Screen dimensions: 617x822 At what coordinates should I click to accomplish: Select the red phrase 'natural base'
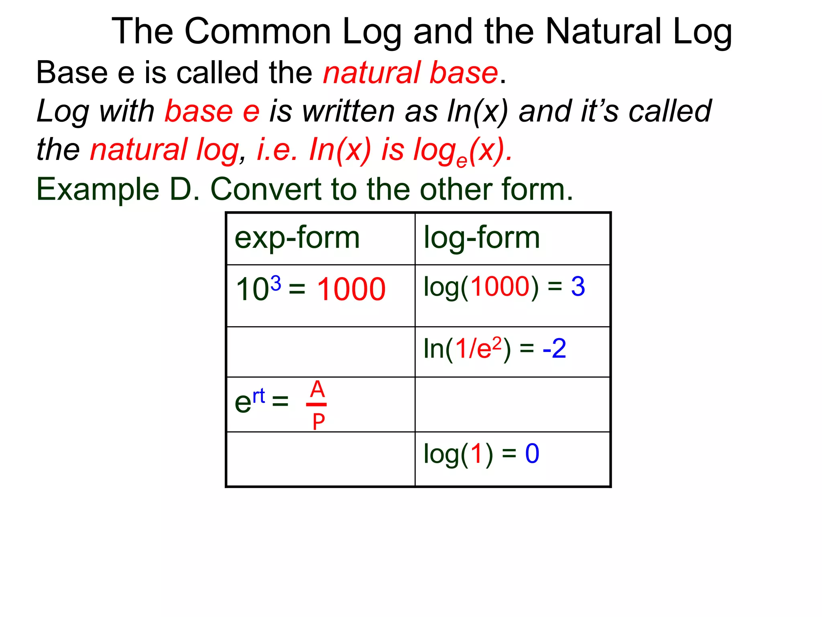(x=410, y=73)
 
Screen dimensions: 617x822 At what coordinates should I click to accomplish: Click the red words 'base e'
(x=212, y=111)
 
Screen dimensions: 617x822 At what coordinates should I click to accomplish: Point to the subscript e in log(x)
(x=462, y=161)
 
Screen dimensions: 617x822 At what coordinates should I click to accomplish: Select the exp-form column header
(x=297, y=238)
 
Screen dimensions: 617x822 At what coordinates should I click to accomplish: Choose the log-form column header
(x=482, y=238)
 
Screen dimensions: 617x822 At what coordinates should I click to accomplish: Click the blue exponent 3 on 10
(x=275, y=284)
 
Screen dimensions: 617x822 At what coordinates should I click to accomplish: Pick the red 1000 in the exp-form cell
(x=351, y=289)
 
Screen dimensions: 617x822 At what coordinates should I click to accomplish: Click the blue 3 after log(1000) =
(x=578, y=287)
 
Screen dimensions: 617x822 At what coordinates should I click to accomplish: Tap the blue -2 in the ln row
(x=554, y=349)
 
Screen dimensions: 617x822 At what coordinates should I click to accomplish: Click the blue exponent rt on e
(x=259, y=396)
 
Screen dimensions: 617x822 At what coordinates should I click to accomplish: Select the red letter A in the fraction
(x=317, y=389)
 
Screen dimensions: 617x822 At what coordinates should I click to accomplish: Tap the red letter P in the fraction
(x=318, y=422)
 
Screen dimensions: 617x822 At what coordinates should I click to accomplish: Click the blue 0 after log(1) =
(x=532, y=454)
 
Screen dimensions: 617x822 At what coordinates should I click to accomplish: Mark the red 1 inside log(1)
(x=476, y=454)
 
